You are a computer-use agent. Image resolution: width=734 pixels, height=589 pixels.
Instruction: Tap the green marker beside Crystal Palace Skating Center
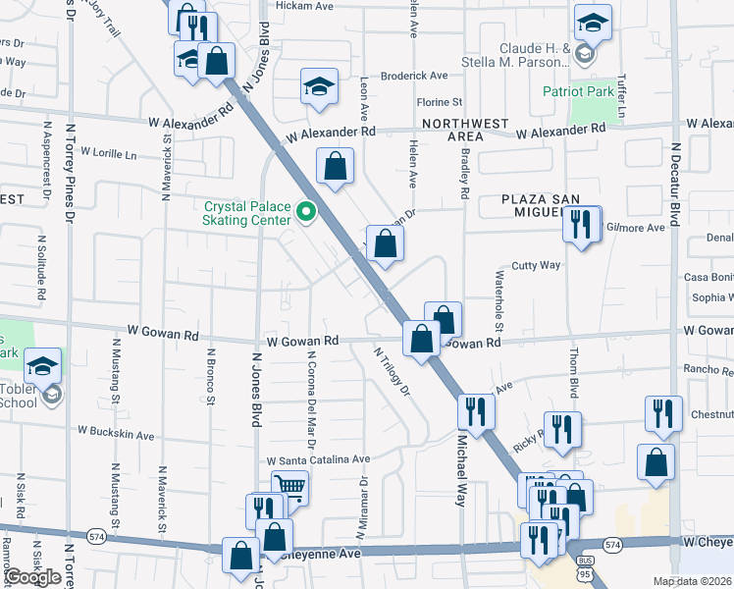(x=307, y=211)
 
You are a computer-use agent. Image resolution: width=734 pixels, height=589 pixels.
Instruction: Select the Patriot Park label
(x=578, y=91)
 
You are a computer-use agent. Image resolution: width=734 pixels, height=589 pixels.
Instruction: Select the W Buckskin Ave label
(x=117, y=434)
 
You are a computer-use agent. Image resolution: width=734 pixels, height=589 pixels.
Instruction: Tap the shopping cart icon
(x=288, y=486)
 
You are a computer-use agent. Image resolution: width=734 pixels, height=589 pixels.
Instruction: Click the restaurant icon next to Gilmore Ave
(x=581, y=225)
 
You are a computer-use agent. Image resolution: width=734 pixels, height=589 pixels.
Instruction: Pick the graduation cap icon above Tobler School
(x=42, y=366)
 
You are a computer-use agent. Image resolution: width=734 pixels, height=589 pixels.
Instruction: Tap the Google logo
(x=32, y=576)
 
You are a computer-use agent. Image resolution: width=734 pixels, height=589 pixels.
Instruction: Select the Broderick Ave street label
(x=413, y=76)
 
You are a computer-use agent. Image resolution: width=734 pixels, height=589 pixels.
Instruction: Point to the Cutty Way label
(x=536, y=265)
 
